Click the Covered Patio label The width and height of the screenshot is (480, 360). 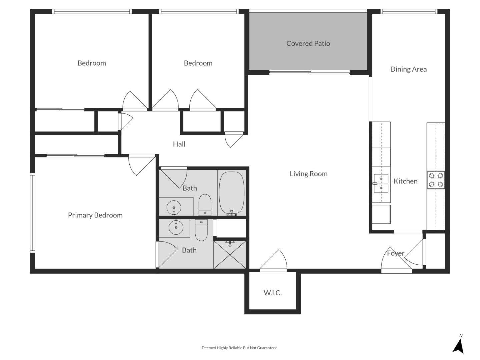(x=308, y=43)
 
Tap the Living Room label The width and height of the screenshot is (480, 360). (x=308, y=174)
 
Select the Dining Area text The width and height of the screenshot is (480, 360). (x=408, y=69)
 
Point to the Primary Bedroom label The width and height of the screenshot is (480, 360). (x=95, y=215)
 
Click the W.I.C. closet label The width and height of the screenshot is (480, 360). (x=273, y=293)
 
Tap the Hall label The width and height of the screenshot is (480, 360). (x=179, y=144)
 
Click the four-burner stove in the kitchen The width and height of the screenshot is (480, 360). (x=436, y=180)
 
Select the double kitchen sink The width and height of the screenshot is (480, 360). (x=381, y=183)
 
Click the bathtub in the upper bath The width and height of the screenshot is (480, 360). (x=232, y=193)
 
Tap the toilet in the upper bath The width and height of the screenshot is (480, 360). (x=205, y=205)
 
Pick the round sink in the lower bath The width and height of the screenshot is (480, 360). (x=176, y=228)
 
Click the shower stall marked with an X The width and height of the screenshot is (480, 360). (x=230, y=255)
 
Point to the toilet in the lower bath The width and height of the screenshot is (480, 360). (x=201, y=230)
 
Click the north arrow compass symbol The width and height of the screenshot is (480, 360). (x=459, y=345)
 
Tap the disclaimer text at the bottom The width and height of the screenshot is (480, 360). (x=240, y=348)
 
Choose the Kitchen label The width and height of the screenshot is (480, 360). (x=405, y=181)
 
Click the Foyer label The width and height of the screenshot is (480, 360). (x=395, y=253)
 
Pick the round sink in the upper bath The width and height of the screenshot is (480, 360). (x=174, y=207)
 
